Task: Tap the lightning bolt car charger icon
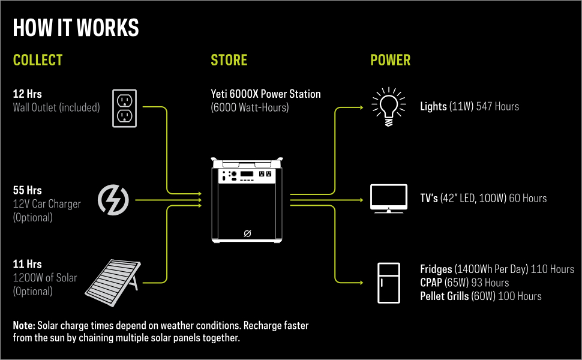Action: tap(113, 200)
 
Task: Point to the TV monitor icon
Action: tap(389, 199)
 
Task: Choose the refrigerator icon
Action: tap(388, 283)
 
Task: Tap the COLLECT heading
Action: tap(38, 61)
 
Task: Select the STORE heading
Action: tap(229, 61)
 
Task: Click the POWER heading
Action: tap(390, 61)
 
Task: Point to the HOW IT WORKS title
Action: tap(76, 28)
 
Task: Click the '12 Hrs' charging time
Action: tap(28, 94)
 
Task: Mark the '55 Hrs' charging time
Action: tap(28, 191)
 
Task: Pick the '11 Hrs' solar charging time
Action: tap(27, 264)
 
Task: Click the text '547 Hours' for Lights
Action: tap(497, 107)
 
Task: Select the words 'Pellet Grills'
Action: tap(445, 296)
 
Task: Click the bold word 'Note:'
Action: tap(24, 325)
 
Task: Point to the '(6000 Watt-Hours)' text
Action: tap(250, 108)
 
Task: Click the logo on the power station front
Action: tap(246, 233)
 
